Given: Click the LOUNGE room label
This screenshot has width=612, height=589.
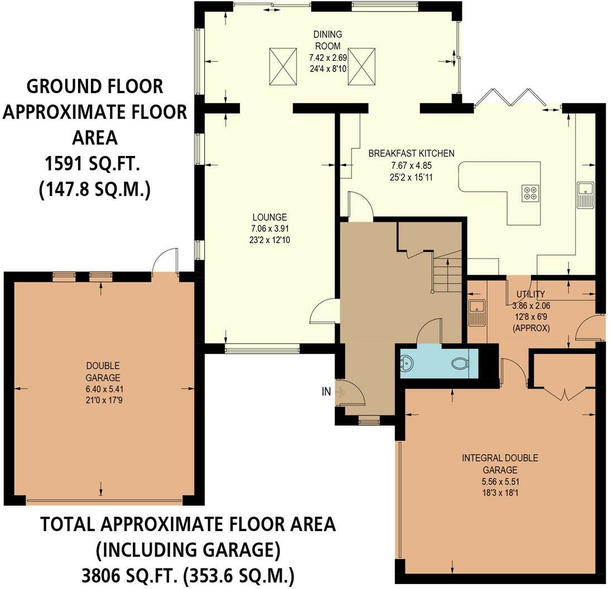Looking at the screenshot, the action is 269,217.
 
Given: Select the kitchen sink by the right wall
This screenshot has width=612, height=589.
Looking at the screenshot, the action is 585,196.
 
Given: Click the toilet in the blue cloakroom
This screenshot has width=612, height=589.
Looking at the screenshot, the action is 461,364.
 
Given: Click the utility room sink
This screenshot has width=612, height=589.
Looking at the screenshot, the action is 476,313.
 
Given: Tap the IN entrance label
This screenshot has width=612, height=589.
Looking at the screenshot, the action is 326,391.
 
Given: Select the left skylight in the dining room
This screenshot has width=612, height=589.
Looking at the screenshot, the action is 283,66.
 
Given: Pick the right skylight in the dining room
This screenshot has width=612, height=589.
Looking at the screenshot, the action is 362,66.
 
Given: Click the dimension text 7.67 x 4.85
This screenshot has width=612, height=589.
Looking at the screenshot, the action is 411,165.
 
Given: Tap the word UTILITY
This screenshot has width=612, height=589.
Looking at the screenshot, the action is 531,294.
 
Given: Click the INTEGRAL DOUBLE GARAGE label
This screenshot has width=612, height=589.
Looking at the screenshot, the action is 500,464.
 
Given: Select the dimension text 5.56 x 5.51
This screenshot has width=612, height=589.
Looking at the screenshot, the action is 500,481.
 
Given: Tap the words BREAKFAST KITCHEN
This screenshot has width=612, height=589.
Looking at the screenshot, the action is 411,153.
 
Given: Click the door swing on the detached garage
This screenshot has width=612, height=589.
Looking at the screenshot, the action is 165,260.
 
